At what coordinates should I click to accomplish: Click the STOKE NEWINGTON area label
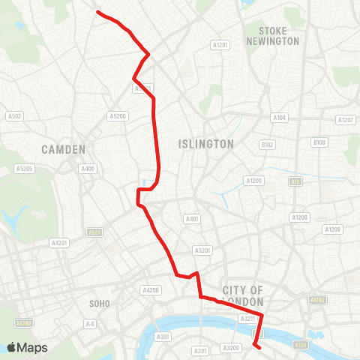click(x=278, y=35)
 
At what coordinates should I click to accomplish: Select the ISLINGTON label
click(x=206, y=143)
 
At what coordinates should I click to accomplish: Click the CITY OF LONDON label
click(x=243, y=295)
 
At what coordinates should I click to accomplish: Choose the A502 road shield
click(x=14, y=115)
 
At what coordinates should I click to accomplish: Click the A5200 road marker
click(x=118, y=115)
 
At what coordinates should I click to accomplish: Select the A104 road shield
click(x=280, y=118)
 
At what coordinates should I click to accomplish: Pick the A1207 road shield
click(x=345, y=120)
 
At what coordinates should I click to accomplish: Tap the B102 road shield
click(x=268, y=144)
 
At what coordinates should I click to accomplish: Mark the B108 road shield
click(x=319, y=142)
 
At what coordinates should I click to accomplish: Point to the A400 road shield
click(x=88, y=169)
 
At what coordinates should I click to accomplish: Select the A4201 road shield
click(x=58, y=243)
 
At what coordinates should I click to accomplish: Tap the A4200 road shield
click(x=151, y=289)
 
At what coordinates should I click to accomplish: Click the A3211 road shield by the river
click(x=248, y=319)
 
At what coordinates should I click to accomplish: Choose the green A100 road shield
click(x=301, y=345)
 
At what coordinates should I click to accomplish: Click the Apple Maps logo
click(x=26, y=347)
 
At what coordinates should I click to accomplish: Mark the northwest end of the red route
click(x=98, y=11)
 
